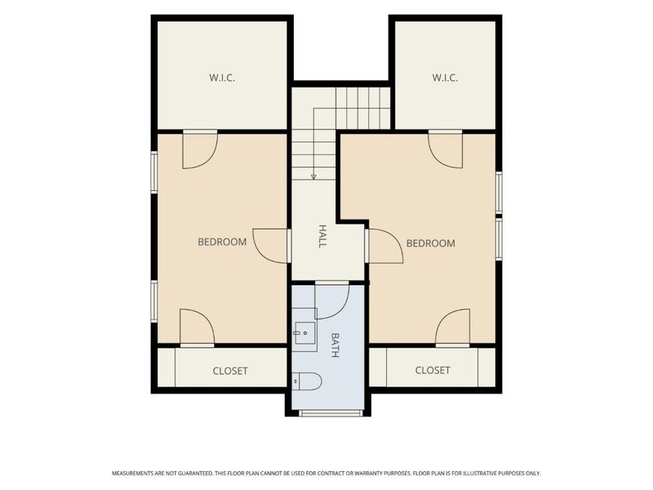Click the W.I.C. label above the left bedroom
point(222,78)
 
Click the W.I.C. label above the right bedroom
point(445,78)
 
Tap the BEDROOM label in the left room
point(222,242)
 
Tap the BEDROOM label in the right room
point(431,243)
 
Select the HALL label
point(322,236)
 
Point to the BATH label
point(335,345)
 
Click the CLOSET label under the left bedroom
point(230,371)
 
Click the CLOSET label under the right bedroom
point(433,370)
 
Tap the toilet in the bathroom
point(308,381)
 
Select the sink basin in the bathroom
point(305,333)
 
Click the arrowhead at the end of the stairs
point(313,177)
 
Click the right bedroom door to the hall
point(386,246)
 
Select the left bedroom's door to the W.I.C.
point(200,151)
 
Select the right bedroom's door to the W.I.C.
point(445,151)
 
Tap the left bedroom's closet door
point(197,327)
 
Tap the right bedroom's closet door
point(452,327)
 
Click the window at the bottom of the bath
point(331,413)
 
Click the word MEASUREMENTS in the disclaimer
point(132,474)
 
